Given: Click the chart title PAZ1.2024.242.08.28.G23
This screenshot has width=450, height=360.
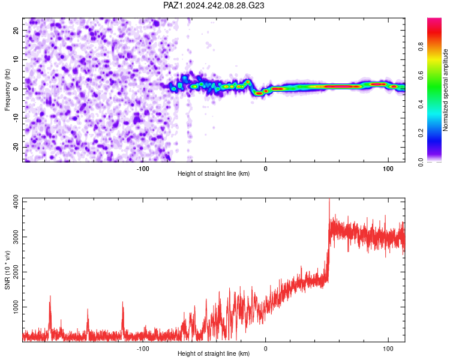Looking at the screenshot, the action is click(214, 5).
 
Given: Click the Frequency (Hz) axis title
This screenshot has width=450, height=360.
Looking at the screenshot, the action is click(7, 90).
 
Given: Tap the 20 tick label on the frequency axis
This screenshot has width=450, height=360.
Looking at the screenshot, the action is click(16, 30).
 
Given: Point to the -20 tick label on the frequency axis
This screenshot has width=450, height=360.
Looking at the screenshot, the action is click(16, 148).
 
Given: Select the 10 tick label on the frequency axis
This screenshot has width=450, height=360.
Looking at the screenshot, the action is click(16, 59).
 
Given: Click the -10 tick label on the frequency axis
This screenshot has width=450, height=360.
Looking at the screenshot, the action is click(16, 118).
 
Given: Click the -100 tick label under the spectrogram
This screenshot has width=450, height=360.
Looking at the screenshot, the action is click(143, 169).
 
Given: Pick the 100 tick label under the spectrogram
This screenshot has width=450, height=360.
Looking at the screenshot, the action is click(388, 169).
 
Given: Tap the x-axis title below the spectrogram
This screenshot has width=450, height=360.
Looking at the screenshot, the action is click(214, 173).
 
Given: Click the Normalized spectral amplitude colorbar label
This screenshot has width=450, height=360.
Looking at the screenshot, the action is click(445, 90).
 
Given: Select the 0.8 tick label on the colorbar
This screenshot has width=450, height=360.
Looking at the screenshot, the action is click(421, 47).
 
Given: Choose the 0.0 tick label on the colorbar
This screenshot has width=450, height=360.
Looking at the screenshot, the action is click(421, 162).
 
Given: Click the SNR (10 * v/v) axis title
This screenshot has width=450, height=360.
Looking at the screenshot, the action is click(7, 270).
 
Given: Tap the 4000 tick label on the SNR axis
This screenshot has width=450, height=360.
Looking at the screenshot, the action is click(16, 202).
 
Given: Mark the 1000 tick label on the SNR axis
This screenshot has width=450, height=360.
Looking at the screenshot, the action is click(16, 307).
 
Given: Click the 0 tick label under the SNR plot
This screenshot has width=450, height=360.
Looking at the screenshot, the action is click(265, 349).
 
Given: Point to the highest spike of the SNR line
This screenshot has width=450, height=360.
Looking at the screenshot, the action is click(329, 199).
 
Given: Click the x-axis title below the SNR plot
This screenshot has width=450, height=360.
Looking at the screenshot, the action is click(214, 353).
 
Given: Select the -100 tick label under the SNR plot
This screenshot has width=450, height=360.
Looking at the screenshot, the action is click(143, 349).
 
